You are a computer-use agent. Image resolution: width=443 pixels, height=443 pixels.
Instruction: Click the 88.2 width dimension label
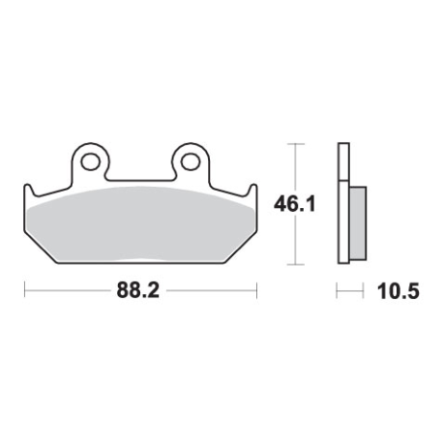138,290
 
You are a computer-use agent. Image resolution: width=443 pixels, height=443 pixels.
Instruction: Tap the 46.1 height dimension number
294,204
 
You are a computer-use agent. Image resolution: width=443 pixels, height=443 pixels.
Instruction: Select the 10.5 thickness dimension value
399,291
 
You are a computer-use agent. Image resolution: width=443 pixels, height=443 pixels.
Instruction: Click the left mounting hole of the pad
90,162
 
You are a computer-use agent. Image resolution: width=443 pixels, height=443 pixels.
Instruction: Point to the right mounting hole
191,162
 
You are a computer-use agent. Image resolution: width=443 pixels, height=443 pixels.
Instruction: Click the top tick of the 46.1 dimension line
296,144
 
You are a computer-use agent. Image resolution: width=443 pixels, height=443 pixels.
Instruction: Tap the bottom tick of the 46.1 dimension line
296,264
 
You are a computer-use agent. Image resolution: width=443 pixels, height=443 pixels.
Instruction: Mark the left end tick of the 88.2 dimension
25,290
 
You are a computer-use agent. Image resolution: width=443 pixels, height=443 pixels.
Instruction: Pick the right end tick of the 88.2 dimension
256,290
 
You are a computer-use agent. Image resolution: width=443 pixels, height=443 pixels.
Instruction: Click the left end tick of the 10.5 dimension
337,291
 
